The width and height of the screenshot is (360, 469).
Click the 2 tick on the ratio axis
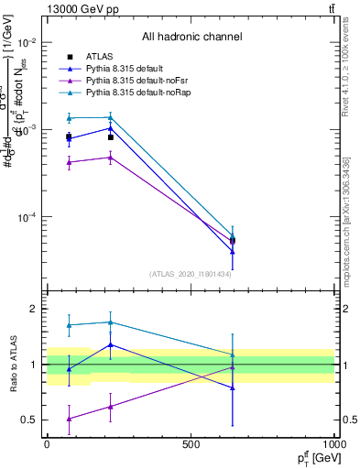tap(32, 310)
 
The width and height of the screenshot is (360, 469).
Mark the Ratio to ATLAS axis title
tap(13, 365)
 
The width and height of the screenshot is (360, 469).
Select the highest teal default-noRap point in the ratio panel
tap(110, 322)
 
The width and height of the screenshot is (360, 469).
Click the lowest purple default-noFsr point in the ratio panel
tap(69, 419)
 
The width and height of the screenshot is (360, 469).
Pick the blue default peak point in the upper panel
tap(110, 128)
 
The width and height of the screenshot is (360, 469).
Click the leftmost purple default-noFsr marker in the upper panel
tap(69, 162)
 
